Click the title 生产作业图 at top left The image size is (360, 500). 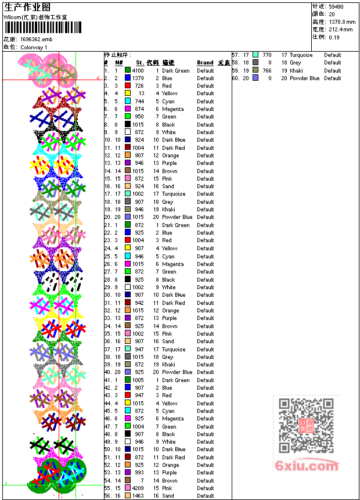coord(27,7)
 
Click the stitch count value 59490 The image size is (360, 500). coord(336,6)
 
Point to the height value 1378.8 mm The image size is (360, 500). coord(341,21)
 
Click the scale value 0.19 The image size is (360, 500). coord(334,37)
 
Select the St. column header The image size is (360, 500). coord(140,63)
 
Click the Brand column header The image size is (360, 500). coord(205,63)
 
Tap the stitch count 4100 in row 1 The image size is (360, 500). coord(138,71)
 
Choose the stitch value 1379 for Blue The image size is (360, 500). coord(138,78)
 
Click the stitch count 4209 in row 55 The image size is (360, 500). coord(138,488)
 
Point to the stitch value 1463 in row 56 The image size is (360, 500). coord(138,496)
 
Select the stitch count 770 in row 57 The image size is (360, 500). coord(267,55)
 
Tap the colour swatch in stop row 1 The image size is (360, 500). coord(128,71)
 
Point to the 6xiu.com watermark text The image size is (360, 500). coord(307,466)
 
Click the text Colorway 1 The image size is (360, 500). coord(34,47)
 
